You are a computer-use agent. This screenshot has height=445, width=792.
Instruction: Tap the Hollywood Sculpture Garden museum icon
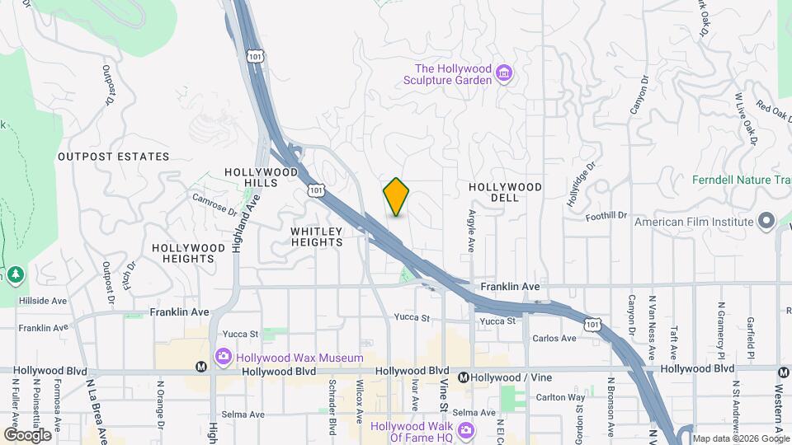click(504, 75)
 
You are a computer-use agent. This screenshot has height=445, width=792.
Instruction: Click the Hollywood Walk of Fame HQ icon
click(466, 431)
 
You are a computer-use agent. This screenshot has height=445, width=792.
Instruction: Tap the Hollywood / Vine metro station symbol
click(464, 377)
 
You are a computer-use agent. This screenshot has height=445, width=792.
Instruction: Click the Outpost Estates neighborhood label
click(113, 157)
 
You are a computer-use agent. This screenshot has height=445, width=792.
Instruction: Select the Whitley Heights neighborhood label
click(317, 237)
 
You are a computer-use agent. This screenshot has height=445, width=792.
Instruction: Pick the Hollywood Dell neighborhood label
click(505, 192)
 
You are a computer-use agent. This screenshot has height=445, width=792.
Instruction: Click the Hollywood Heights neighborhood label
click(188, 253)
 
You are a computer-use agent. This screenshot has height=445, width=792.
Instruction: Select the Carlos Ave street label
click(554, 339)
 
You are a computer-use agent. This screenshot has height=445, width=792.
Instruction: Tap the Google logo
click(27, 434)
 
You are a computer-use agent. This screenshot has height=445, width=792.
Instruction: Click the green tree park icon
click(15, 274)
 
